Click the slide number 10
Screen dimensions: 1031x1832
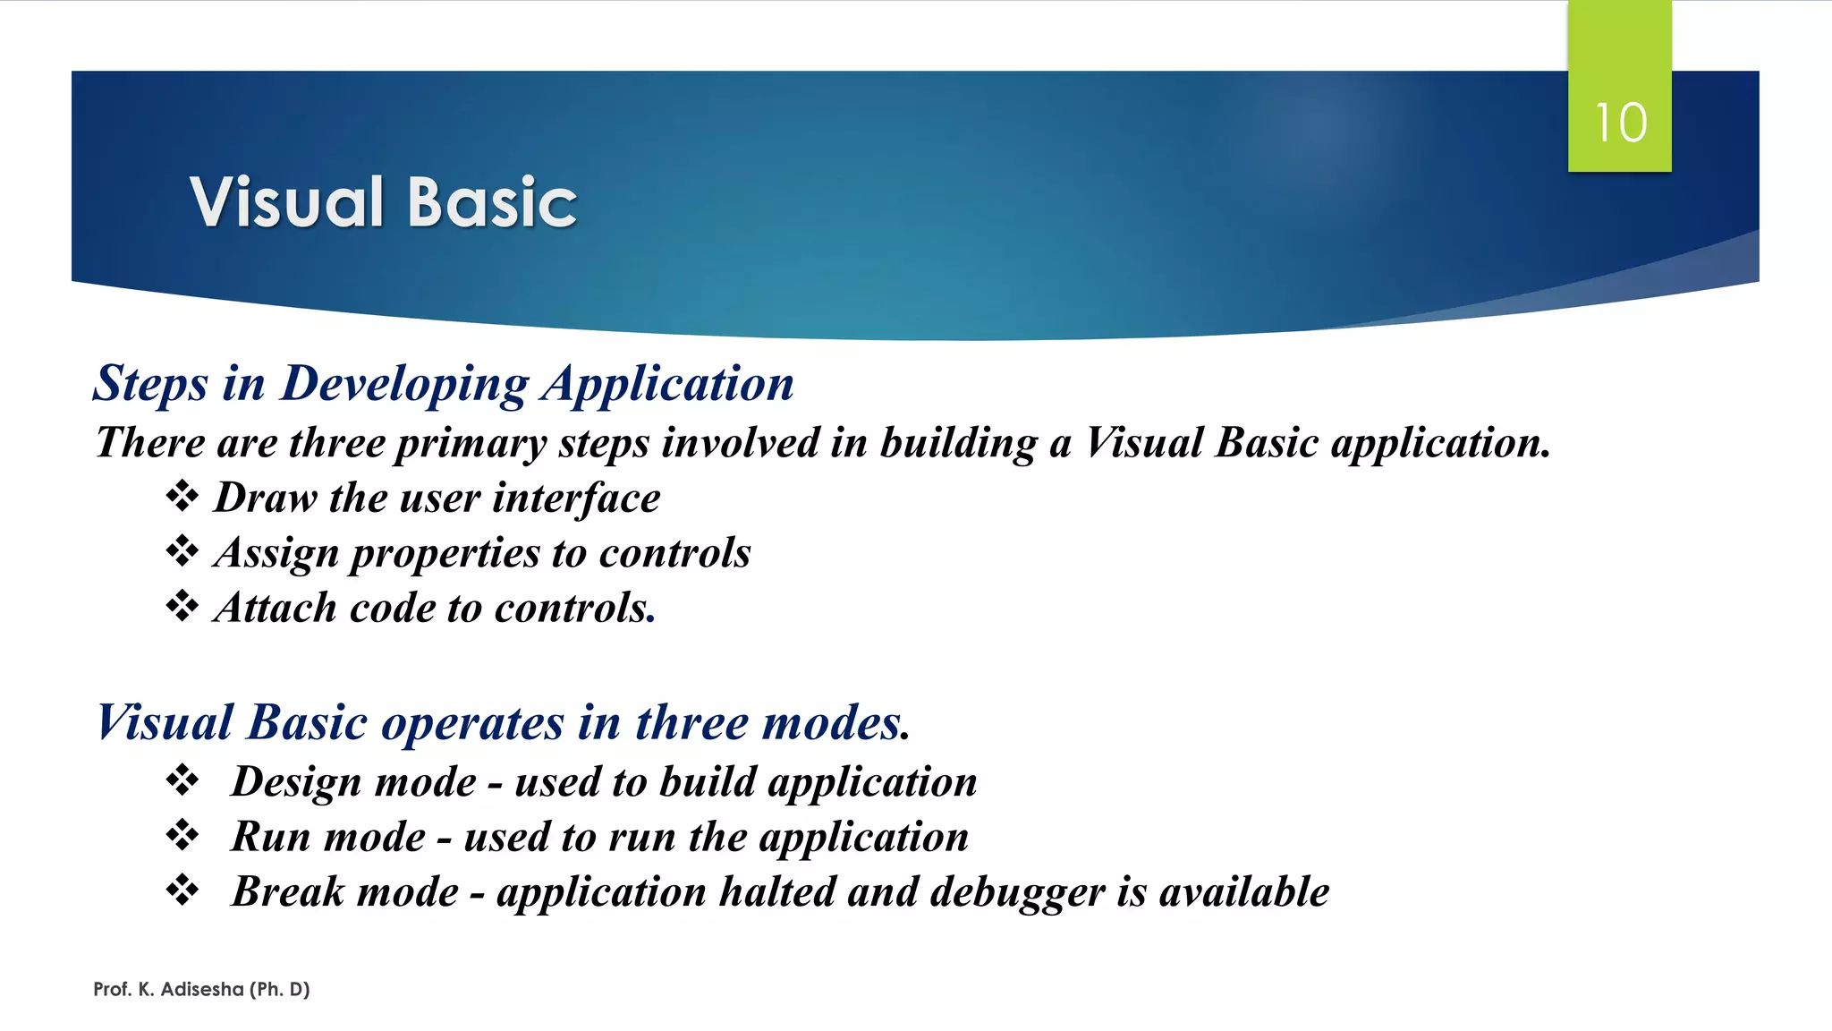coord(1620,123)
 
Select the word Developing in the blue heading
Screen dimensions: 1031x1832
coord(404,385)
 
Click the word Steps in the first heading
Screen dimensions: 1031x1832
coord(150,385)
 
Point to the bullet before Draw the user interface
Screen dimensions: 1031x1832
coord(182,496)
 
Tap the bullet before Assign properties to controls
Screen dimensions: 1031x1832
coord(182,550)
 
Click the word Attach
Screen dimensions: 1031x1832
coord(276,608)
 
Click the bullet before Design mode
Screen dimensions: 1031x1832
coord(182,780)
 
